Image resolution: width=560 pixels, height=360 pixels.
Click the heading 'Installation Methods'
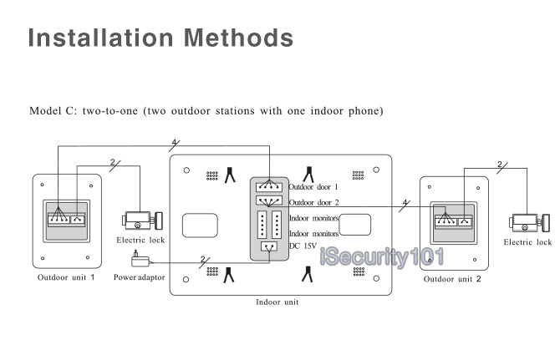coord(160,38)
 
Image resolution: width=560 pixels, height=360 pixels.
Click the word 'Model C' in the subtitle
coord(53,110)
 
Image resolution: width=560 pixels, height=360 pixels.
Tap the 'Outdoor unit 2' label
coord(452,279)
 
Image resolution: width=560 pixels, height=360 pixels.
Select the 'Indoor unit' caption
coord(277,302)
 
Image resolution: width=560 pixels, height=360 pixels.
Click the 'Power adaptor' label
coord(140,276)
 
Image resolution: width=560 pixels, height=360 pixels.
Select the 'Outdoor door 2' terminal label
coord(313,202)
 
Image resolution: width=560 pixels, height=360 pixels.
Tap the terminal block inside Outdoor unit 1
coord(66,220)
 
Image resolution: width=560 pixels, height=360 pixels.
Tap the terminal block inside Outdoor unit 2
coord(452,221)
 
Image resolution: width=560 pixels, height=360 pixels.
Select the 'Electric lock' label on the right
coord(527,242)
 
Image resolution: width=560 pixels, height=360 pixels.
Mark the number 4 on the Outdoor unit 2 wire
coord(405,202)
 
